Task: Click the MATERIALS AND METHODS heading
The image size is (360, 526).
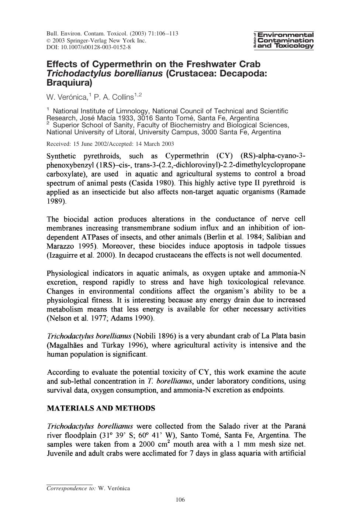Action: click(x=101, y=408)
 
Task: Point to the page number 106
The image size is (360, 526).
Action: click(x=180, y=500)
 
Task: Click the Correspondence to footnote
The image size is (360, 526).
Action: click(x=88, y=488)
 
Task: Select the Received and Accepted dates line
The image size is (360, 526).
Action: click(x=110, y=144)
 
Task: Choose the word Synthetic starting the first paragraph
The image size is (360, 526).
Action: click(x=61, y=156)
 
